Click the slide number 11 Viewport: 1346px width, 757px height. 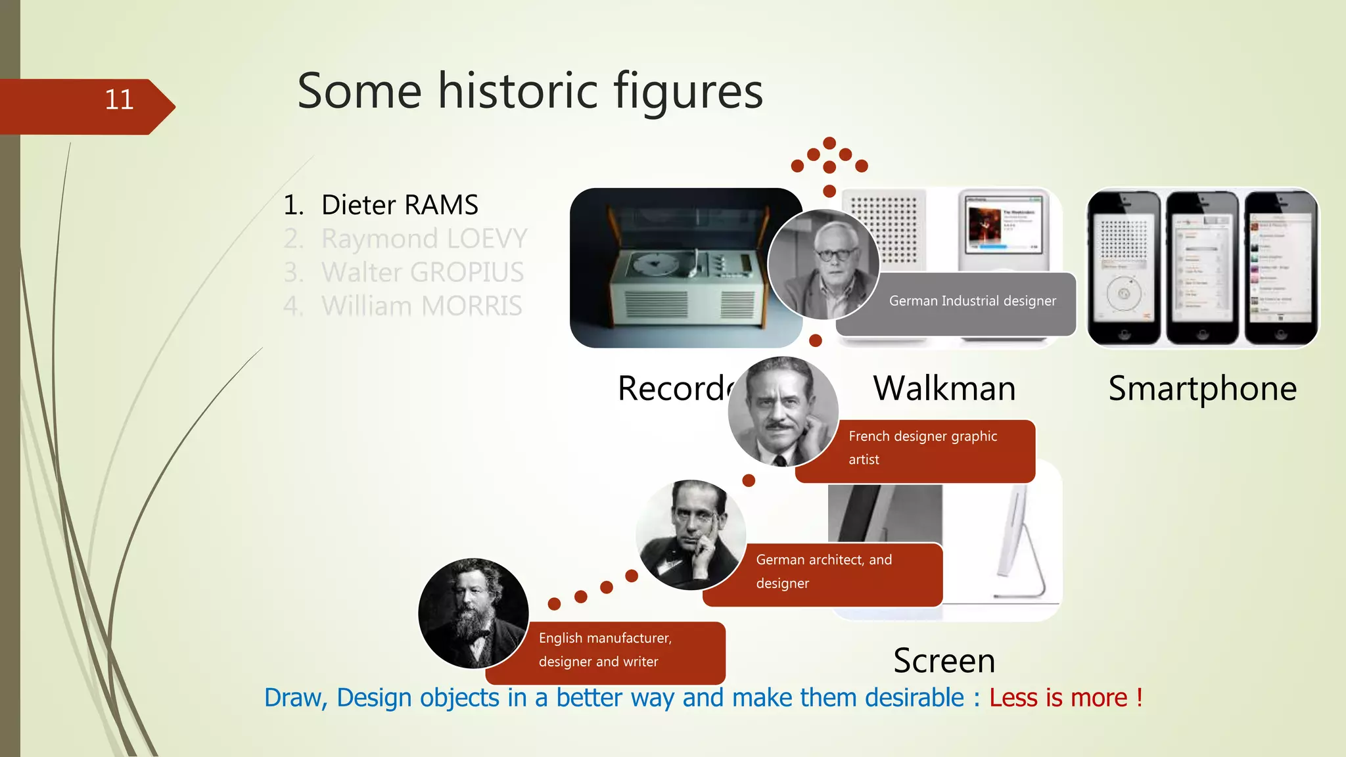(x=119, y=100)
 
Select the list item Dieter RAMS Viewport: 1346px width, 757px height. (x=400, y=205)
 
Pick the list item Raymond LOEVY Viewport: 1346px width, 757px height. (x=424, y=239)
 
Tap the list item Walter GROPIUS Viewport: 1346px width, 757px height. (x=422, y=272)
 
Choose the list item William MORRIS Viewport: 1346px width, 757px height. (x=421, y=306)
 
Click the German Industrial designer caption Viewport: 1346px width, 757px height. (x=972, y=301)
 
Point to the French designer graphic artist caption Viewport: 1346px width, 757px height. (x=922, y=447)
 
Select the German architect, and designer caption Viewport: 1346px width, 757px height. (x=824, y=571)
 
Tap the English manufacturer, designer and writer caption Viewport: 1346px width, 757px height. (x=605, y=649)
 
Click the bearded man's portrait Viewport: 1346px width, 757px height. (x=473, y=614)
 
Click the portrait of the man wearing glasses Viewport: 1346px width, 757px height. (x=824, y=264)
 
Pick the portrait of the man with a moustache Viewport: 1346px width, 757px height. (x=782, y=411)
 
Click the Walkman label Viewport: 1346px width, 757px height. (x=944, y=388)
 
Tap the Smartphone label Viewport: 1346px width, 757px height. (x=1202, y=388)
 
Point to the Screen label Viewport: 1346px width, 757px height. (x=944, y=660)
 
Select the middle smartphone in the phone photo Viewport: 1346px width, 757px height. (x=1202, y=268)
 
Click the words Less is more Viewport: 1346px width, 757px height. (x=1058, y=698)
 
